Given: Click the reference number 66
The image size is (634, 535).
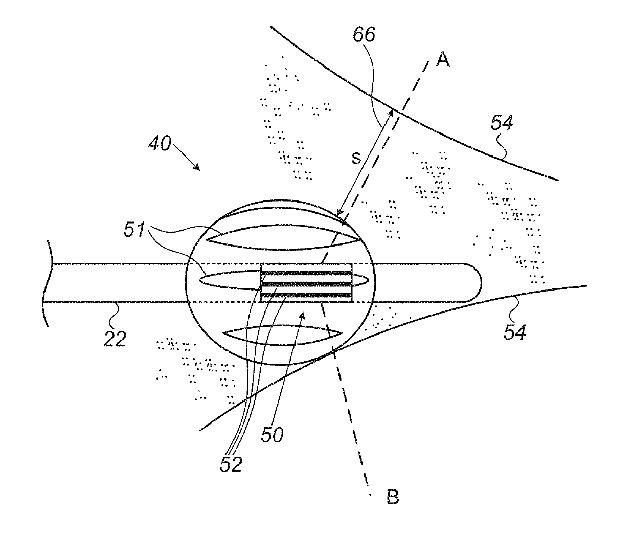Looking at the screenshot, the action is [x=364, y=34].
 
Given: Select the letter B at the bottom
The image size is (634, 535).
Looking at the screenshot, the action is [x=393, y=497].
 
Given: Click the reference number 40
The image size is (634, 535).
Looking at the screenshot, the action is [x=160, y=143].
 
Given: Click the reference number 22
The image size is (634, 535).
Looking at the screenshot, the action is [x=115, y=339].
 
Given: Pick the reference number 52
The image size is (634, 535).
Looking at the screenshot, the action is [x=231, y=464].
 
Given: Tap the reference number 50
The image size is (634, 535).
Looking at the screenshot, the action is [x=273, y=435].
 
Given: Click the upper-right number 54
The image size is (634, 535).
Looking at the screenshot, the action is [x=502, y=122].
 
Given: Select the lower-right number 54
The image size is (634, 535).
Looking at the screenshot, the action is [x=515, y=332].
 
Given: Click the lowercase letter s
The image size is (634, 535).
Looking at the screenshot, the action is [x=356, y=158].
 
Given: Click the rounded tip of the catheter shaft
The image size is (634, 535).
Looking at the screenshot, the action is [x=480, y=282].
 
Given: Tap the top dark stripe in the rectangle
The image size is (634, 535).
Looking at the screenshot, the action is [x=306, y=273].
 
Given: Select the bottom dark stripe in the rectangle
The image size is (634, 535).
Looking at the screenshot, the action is [x=306, y=295].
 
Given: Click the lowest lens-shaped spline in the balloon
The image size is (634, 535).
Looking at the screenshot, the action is [x=282, y=336].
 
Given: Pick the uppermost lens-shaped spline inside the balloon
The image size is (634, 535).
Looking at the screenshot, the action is [x=284, y=237].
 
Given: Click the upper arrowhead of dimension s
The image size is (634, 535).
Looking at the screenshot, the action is [x=391, y=114].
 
